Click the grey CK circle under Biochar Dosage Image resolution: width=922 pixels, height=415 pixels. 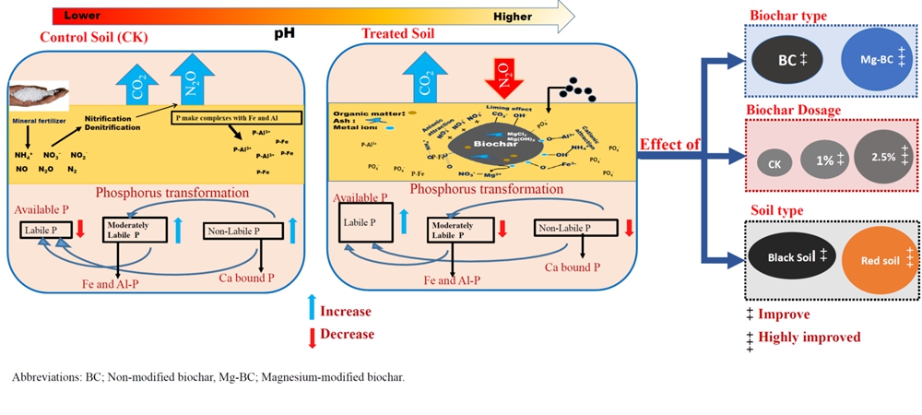(x=774, y=163)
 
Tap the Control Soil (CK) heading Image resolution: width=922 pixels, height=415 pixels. (x=94, y=37)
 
